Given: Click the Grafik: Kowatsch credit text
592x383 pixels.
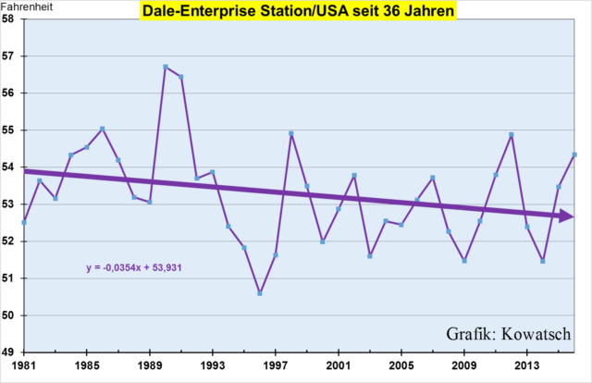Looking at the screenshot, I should click(508, 333).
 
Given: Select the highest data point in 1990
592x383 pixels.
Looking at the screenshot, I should click(166, 67).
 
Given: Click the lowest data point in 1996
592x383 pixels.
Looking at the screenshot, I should click(260, 293).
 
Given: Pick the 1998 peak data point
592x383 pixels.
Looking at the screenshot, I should click(291, 133).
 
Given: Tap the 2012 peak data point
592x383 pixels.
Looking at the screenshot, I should click(512, 134).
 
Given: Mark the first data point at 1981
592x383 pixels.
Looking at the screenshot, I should click(24, 222).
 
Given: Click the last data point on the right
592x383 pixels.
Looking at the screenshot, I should click(574, 154).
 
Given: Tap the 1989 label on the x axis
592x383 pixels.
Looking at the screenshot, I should click(150, 367).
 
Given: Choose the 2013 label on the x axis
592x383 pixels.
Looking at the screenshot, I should click(527, 367).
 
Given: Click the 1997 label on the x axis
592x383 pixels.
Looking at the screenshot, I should click(276, 367).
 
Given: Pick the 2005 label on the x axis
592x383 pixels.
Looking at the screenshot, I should click(401, 367).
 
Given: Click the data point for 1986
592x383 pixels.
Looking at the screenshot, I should click(103, 129).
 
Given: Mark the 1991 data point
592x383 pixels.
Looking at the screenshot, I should click(181, 77).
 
